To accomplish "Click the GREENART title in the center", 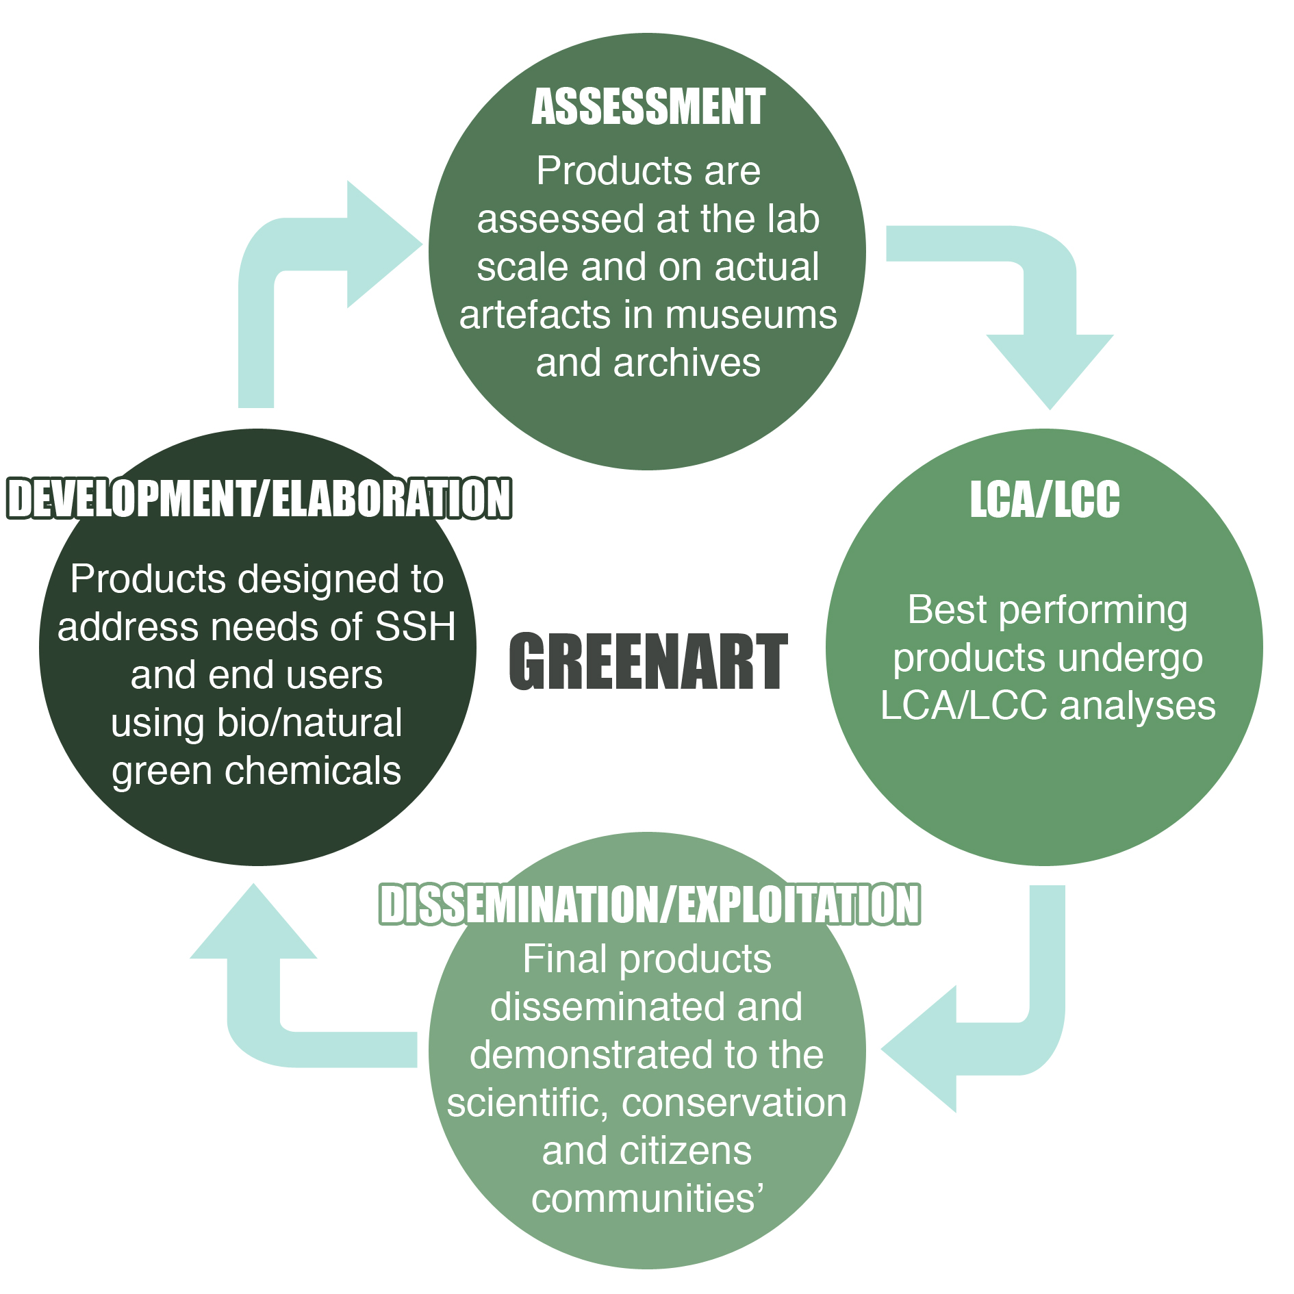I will click(x=648, y=661).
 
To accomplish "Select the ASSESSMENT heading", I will click(x=648, y=107).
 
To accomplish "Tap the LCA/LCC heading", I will click(x=1045, y=499).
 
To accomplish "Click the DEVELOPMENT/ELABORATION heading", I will click(x=259, y=498).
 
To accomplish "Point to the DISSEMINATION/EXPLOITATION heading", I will click(x=649, y=904).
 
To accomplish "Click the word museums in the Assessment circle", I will click(x=751, y=315).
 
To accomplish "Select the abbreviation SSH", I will click(x=416, y=626).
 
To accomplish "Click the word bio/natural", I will click(x=309, y=723).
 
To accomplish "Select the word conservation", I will click(x=734, y=1103).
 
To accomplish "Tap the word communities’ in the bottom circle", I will click(x=648, y=1199).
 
